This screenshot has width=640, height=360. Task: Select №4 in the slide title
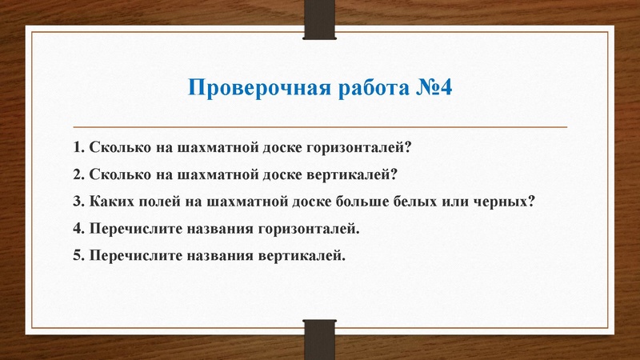point(431,87)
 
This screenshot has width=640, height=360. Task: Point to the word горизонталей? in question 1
point(361,148)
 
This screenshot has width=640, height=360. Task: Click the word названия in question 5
point(221,256)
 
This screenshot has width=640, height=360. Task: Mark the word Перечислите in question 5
point(134,256)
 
